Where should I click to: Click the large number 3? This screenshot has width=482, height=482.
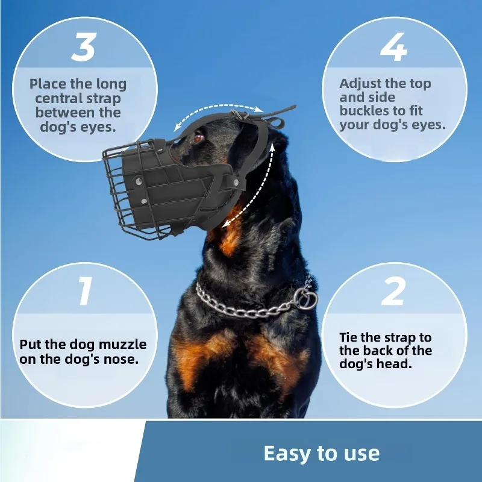pyautogui.click(x=84, y=48)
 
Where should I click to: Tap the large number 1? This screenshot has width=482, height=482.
pyautogui.click(x=84, y=291)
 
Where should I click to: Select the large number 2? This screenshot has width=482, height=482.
pyautogui.click(x=393, y=291)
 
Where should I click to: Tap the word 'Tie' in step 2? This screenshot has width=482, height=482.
pyautogui.click(x=348, y=337)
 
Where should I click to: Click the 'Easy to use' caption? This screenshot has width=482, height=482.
pyautogui.click(x=322, y=453)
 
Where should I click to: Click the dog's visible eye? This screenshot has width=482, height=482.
pyautogui.click(x=198, y=137)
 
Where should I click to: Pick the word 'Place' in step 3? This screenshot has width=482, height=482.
pyautogui.click(x=48, y=84)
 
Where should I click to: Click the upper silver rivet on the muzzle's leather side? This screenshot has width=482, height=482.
pyautogui.click(x=139, y=180)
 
